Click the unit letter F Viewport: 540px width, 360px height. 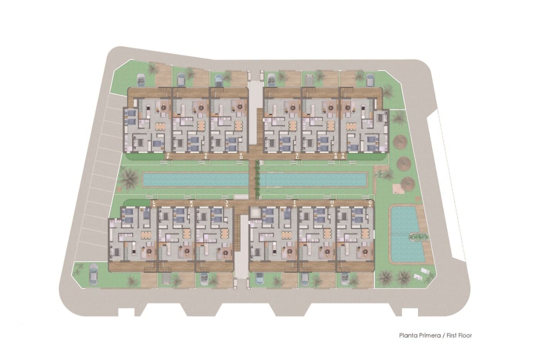click(168, 157)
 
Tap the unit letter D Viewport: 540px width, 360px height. click(241, 157)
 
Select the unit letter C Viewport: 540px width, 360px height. click(297, 157)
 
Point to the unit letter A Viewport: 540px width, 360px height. click(343, 158)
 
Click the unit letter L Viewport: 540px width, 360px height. click(154, 202)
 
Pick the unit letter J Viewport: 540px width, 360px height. click(226, 202)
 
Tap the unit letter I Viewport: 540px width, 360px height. click(294, 202)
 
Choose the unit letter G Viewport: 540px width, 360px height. click(370, 202)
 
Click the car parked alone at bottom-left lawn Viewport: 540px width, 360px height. click(93, 274)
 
